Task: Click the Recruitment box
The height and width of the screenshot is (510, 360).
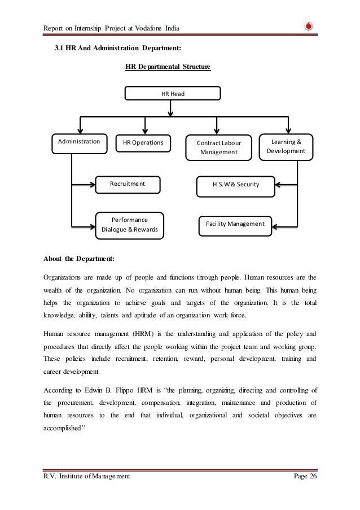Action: [128, 184]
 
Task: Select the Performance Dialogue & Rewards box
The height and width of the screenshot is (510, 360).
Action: [130, 225]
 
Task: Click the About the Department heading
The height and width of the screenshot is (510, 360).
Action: [78, 259]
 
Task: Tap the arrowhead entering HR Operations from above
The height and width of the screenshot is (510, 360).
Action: [146, 130]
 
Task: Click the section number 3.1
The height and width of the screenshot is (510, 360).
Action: [59, 50]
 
